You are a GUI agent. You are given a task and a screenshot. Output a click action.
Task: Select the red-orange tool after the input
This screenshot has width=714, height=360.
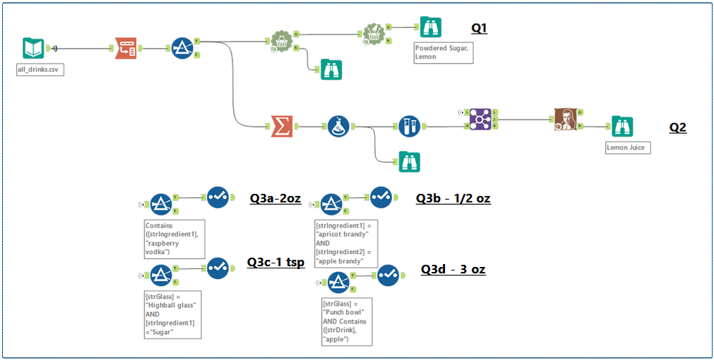[127, 48]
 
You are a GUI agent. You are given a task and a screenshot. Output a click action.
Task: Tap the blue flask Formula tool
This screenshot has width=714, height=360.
[338, 127]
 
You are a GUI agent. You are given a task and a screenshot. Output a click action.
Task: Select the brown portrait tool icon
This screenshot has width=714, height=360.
[564, 120]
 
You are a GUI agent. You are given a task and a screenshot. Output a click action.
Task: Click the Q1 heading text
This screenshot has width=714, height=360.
[479, 28]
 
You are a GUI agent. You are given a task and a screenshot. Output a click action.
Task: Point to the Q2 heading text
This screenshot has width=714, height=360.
[678, 127]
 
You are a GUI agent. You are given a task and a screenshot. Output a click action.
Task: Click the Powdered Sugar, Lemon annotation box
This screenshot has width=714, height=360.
[443, 53]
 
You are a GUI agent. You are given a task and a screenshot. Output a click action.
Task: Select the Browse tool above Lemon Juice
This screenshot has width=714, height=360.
[621, 126]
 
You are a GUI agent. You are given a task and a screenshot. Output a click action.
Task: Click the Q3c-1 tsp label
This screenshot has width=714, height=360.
[276, 262]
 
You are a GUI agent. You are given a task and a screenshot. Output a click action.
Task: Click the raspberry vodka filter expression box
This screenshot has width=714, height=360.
[175, 238]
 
